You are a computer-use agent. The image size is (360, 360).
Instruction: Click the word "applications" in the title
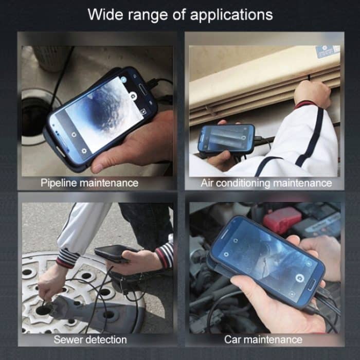pyautogui.click(x=231, y=15)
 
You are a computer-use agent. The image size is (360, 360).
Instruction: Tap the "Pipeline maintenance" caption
pyautogui.click(x=89, y=183)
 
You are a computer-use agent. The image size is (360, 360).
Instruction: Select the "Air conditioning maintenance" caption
pyautogui.click(x=266, y=183)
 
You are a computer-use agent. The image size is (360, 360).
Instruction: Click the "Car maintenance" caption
pyautogui.click(x=263, y=339)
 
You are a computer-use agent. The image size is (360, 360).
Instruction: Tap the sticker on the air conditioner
pyautogui.click(x=327, y=52)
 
